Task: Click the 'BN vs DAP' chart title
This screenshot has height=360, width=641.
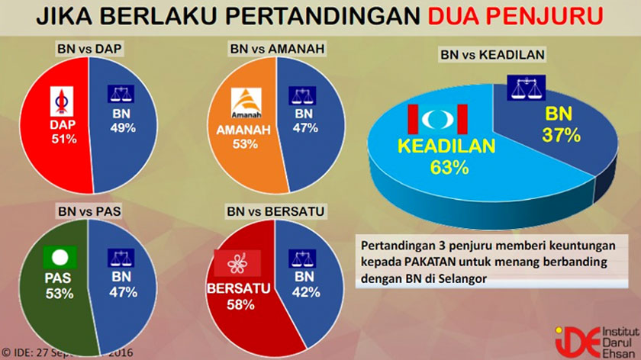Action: [90, 48]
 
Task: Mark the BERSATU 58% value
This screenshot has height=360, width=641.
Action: [237, 304]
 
